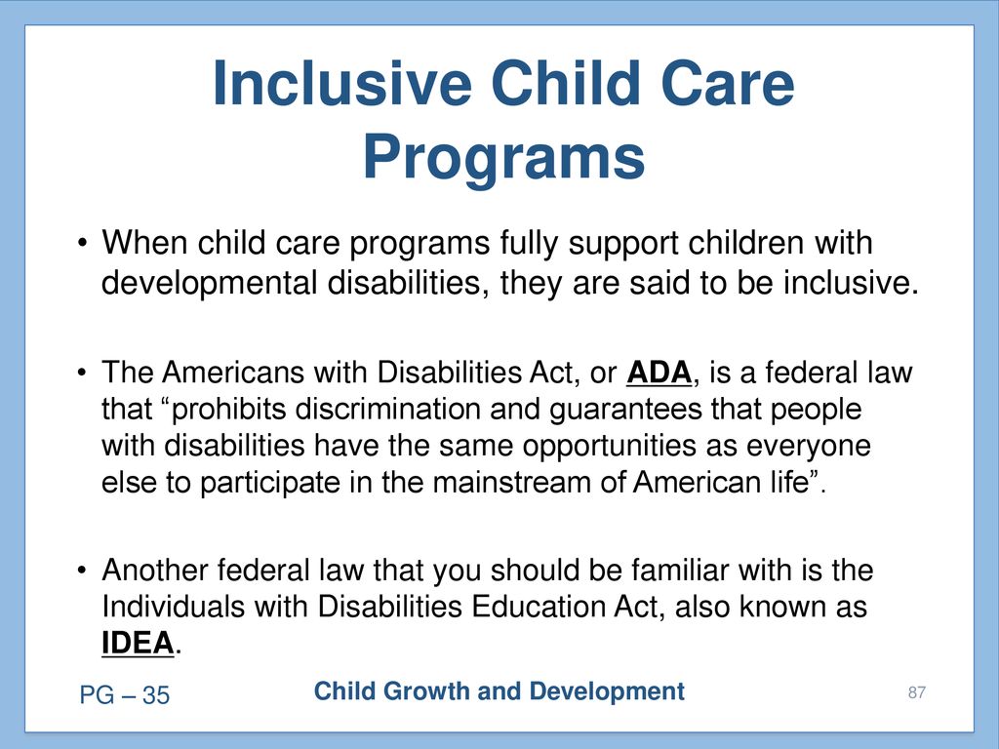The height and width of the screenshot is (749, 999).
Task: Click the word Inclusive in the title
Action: click(342, 84)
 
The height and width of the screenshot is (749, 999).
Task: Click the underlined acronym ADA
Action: click(659, 373)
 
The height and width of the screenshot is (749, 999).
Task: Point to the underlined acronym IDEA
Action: click(138, 643)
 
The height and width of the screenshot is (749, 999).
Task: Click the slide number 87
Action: click(917, 692)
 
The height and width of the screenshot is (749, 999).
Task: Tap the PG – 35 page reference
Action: click(125, 694)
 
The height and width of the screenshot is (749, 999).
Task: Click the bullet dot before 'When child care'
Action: click(82, 243)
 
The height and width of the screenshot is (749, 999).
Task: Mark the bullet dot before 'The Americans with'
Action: click(82, 373)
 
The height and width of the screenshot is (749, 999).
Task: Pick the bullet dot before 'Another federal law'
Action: click(82, 570)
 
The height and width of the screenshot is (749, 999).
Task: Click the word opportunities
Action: click(609, 447)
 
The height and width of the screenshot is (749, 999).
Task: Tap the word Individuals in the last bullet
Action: click(174, 607)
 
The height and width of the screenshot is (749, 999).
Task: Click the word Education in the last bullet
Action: click(539, 607)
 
